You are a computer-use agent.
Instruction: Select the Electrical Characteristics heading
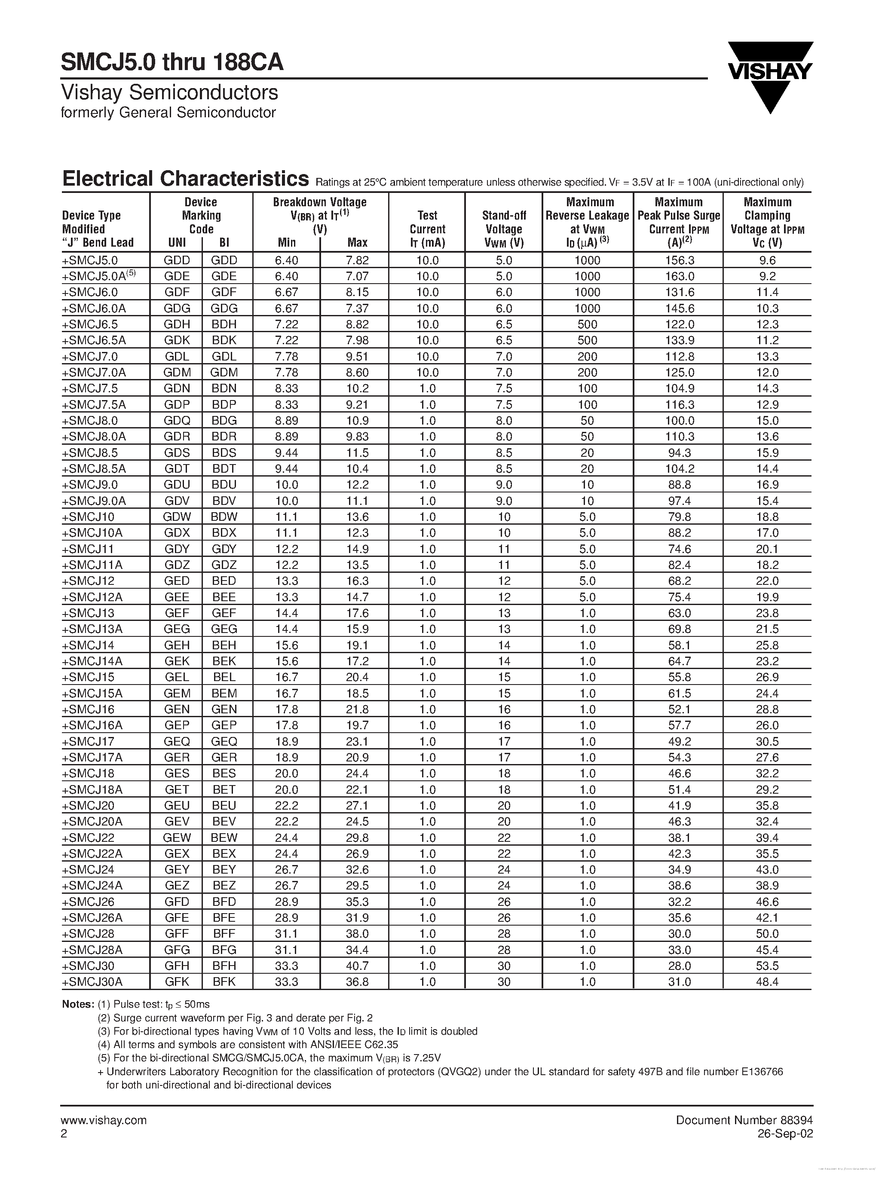(x=185, y=179)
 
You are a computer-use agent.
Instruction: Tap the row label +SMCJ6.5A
(x=94, y=340)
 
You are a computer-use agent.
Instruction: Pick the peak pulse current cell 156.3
(x=679, y=260)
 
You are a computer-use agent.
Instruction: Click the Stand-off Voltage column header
(x=503, y=229)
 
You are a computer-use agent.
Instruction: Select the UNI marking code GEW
(x=177, y=838)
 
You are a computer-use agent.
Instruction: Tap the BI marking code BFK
(x=224, y=982)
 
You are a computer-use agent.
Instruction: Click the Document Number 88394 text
(x=744, y=1120)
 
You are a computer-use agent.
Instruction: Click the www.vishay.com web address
(x=104, y=1120)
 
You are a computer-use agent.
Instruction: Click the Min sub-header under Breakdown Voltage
(x=287, y=242)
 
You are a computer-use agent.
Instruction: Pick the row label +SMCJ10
(x=88, y=517)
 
